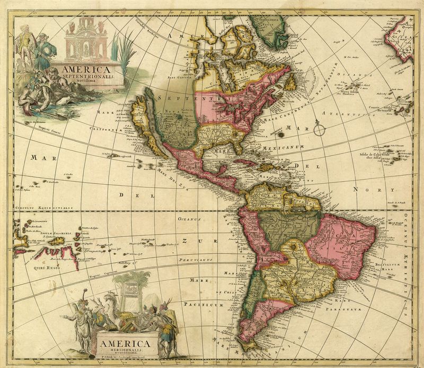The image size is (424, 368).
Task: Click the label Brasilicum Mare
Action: tap(387, 264)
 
